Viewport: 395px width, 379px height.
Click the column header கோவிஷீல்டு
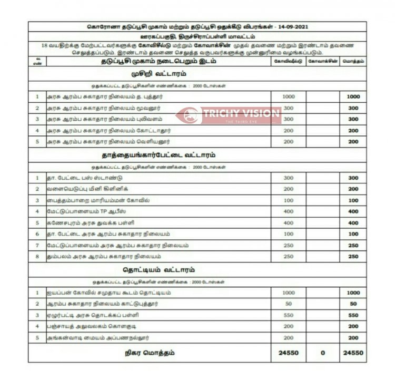pyautogui.click(x=288, y=61)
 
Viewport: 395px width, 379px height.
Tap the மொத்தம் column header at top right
pyautogui.click(x=353, y=61)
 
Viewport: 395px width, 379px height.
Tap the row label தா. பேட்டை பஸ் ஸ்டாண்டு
pyautogui.click(x=84, y=178)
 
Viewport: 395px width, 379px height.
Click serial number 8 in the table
pyautogui.click(x=37, y=257)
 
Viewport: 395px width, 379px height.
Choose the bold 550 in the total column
pyautogui.click(x=353, y=315)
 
